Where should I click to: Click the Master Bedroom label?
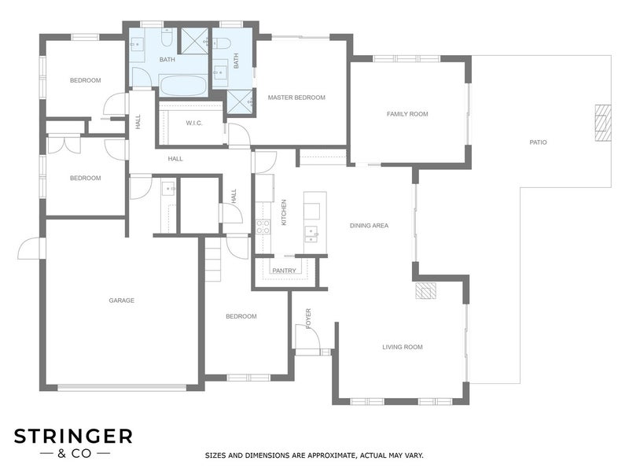tap(296, 98)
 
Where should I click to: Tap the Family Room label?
tap(407, 114)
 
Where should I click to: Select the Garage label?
tap(122, 301)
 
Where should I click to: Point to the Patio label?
tap(538, 142)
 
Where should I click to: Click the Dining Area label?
tap(369, 226)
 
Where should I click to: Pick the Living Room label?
tap(403, 347)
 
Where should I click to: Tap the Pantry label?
tap(284, 271)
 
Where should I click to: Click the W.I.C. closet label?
tap(194, 123)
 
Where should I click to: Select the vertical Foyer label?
tap(308, 319)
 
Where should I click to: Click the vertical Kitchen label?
tap(284, 212)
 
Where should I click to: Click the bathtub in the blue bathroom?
tap(183, 86)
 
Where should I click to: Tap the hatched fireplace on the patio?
tap(602, 123)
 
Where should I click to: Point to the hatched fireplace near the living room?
tap(425, 291)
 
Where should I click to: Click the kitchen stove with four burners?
tap(263, 227)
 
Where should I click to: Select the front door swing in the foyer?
tap(307, 337)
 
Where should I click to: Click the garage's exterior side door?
tap(30, 248)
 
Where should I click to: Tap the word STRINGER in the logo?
tap(73, 437)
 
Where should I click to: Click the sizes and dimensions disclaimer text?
tap(314, 455)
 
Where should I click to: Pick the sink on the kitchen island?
tap(311, 234)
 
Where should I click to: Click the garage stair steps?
tap(212, 260)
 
